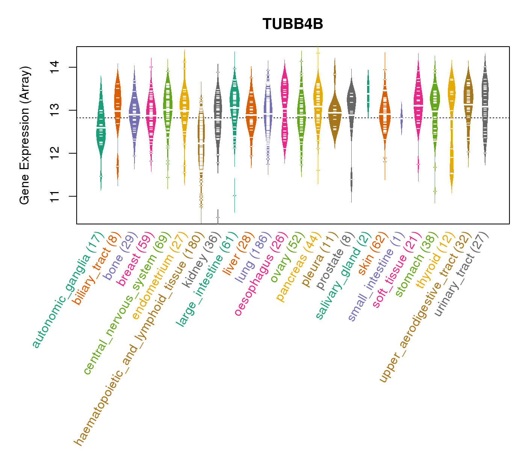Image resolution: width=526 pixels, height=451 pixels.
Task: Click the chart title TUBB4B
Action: point(293,24)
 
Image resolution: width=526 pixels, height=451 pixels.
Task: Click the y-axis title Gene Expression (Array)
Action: point(25,135)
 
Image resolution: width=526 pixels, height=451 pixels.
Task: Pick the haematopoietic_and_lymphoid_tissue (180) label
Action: point(139,338)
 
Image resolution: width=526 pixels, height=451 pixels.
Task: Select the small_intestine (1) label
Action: point(376,276)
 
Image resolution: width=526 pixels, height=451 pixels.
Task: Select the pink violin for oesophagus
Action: point(285,113)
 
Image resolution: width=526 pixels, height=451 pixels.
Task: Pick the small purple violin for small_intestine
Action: point(401,117)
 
